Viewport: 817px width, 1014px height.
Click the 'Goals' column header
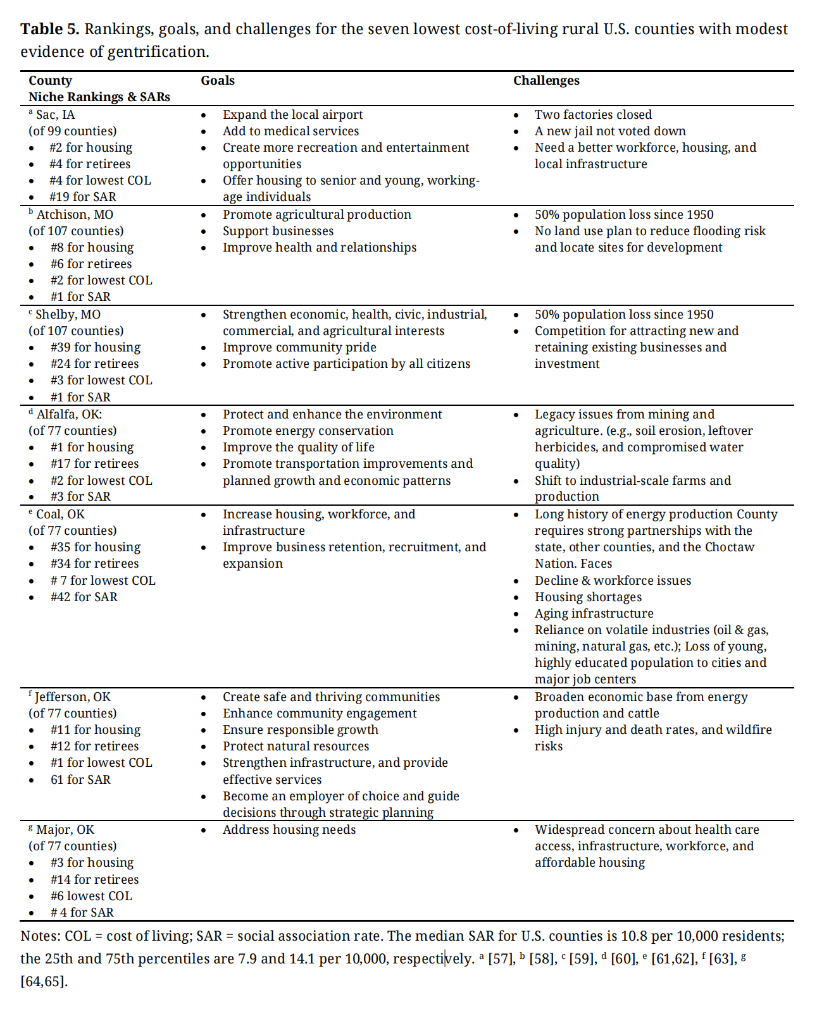(x=218, y=81)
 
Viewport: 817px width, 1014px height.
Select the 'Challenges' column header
(x=546, y=81)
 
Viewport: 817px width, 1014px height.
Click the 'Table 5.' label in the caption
(x=50, y=29)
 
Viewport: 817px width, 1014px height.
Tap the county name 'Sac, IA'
(x=55, y=115)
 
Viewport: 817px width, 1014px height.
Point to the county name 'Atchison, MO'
(x=75, y=215)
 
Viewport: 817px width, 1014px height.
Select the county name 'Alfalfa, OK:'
(x=69, y=415)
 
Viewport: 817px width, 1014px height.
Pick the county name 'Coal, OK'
(x=60, y=515)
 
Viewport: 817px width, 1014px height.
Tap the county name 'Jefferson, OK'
(x=72, y=697)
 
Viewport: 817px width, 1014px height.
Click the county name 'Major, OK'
(x=65, y=830)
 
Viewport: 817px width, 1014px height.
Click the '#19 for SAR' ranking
(x=83, y=197)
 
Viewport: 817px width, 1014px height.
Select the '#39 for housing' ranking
(x=96, y=348)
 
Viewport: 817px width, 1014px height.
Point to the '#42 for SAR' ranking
(x=84, y=597)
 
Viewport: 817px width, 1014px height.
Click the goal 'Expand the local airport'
(x=292, y=115)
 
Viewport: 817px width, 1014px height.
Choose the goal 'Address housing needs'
(x=289, y=830)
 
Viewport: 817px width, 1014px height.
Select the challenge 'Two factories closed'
(x=593, y=115)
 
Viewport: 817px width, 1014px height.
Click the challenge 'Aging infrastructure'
(x=594, y=614)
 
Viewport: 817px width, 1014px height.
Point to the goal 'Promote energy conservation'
(x=308, y=431)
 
